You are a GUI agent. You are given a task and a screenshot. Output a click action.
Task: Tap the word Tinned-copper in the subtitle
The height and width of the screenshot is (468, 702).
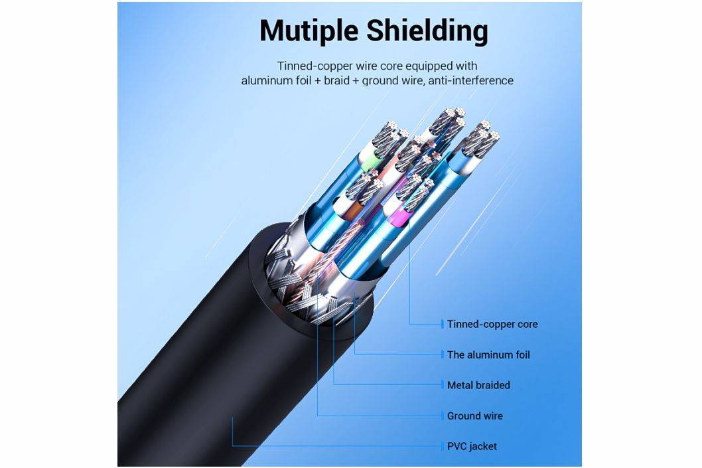pos(309,66)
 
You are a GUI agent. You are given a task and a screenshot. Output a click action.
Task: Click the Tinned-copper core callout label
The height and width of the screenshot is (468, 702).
pos(492,324)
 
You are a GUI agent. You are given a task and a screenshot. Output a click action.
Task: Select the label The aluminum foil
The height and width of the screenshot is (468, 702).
pos(488,354)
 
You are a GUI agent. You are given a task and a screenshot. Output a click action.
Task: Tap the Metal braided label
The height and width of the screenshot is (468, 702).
pos(478,385)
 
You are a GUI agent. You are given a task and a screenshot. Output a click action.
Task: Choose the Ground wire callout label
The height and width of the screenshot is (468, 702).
pos(474,416)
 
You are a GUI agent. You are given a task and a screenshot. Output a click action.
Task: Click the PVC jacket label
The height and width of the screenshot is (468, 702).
pos(472,446)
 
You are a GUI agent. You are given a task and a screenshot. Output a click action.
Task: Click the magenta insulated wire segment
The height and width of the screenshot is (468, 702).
pos(400,216)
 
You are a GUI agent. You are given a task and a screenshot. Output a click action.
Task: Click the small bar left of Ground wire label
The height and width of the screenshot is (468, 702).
pos(442,416)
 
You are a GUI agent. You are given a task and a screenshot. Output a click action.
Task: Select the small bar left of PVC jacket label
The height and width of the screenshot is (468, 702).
pos(442,446)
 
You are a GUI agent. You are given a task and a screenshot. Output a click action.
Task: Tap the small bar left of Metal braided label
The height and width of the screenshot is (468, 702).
pos(442,385)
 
